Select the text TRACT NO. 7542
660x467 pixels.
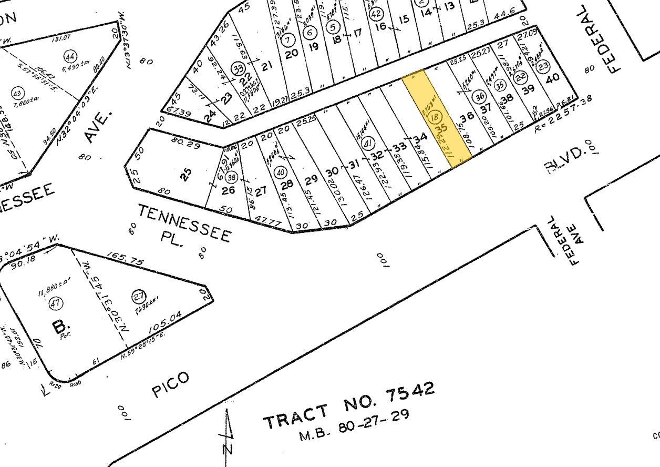(x=349, y=405)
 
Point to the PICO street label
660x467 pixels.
(x=169, y=385)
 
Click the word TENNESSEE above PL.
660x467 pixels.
(x=184, y=224)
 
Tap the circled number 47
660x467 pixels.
(x=55, y=303)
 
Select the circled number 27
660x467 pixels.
(x=139, y=297)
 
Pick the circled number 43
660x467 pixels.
(x=18, y=93)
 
